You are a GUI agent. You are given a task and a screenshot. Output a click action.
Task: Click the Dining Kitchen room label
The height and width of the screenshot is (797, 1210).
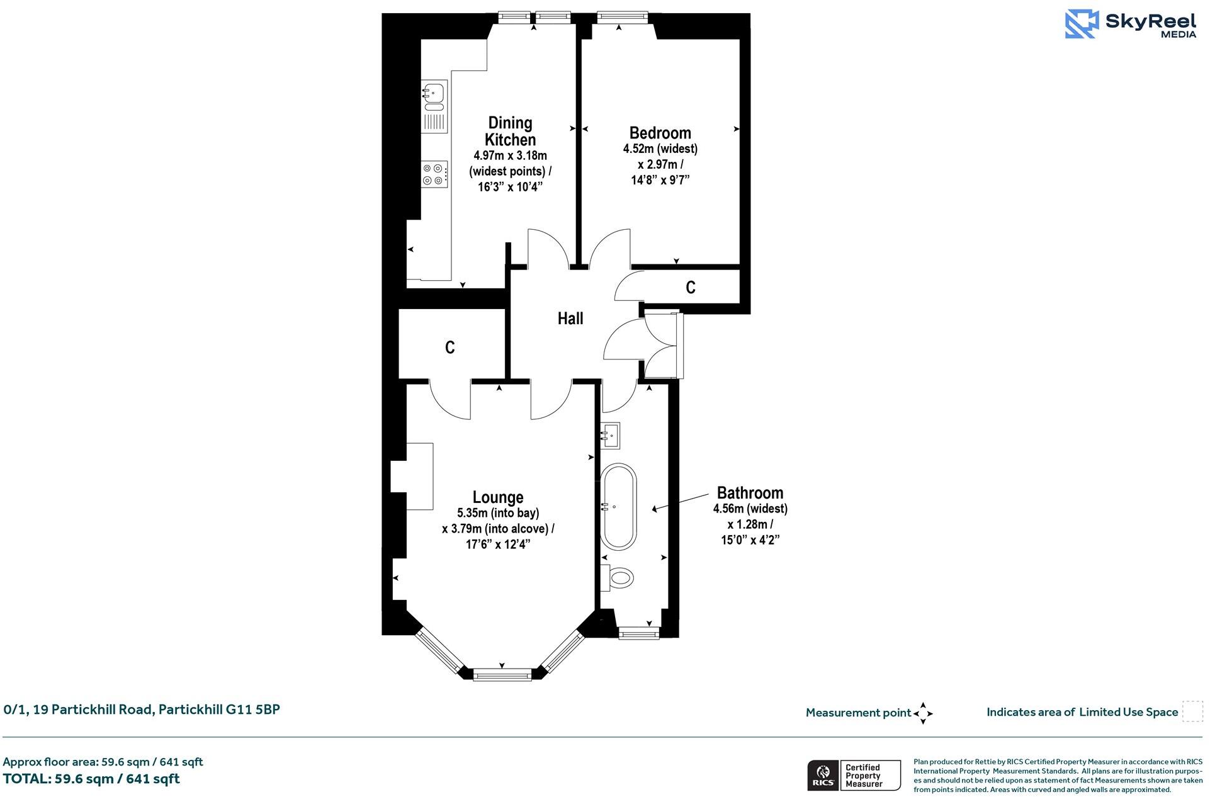[x=510, y=131]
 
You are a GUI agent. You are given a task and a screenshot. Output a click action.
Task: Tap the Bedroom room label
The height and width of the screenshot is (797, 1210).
[x=660, y=133]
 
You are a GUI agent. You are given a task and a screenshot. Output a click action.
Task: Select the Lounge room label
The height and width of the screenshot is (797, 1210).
[x=498, y=497]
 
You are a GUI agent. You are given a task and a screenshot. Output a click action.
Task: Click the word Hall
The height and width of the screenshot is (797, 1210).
[x=570, y=319]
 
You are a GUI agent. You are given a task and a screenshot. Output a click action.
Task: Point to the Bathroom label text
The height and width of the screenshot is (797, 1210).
[x=750, y=493]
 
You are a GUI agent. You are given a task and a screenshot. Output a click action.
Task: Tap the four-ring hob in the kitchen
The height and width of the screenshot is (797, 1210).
[x=434, y=174]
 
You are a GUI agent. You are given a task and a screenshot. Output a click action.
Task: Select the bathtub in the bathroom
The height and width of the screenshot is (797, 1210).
[x=619, y=507]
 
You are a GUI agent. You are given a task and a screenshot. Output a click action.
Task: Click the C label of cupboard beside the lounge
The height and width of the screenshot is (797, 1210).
[x=450, y=348]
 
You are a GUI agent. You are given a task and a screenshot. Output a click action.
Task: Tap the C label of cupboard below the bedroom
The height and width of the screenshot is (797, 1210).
[x=690, y=288]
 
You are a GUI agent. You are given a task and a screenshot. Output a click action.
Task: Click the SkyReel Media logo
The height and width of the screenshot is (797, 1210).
[x=1131, y=24]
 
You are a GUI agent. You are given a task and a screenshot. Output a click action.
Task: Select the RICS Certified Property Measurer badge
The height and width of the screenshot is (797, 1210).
[x=854, y=776]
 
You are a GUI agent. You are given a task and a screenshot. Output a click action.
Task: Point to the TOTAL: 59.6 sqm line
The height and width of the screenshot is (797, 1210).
[x=92, y=779]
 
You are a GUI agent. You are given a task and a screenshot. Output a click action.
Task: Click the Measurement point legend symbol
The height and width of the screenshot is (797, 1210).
[x=923, y=713]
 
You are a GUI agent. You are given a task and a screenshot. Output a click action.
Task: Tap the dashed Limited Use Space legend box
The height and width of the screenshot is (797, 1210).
[x=1192, y=711]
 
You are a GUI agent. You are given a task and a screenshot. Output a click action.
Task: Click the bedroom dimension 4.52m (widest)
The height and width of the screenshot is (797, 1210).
[x=660, y=149]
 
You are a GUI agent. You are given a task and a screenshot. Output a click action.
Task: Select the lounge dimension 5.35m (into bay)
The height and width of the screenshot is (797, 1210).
[x=498, y=513]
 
